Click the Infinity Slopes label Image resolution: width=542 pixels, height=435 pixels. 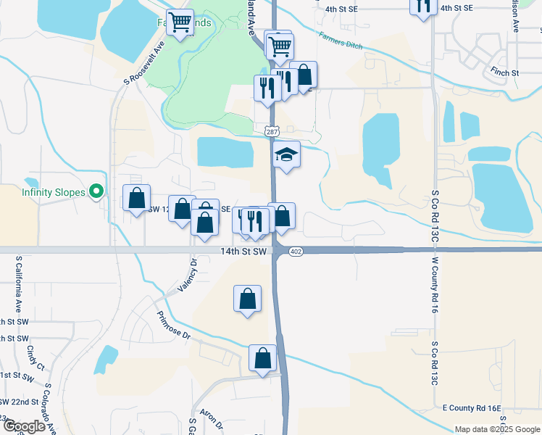click(53, 192)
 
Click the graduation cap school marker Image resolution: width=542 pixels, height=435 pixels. click(287, 155)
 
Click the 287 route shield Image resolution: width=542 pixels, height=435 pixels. click(271, 132)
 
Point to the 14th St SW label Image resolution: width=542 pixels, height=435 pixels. click(244, 251)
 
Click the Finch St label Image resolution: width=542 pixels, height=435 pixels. click(504, 73)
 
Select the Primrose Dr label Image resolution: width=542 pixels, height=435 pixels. click(172, 326)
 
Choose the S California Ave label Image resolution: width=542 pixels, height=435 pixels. click(19, 283)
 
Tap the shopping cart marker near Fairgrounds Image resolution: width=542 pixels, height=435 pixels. click(179, 21)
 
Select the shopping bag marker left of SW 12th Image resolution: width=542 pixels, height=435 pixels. click(136, 198)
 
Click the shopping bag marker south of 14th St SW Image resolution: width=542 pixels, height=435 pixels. click(247, 298)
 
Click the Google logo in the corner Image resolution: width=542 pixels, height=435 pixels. click(23, 426)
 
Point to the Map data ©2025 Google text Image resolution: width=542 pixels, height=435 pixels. click(497, 429)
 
